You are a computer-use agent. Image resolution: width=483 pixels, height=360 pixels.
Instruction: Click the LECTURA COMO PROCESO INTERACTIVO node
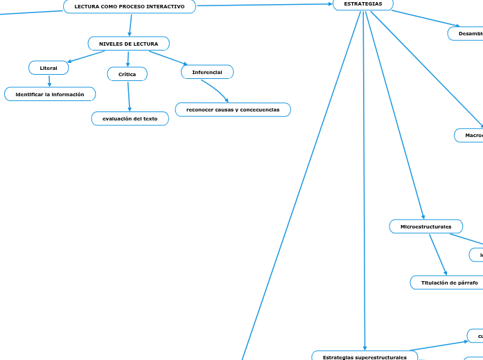[130, 6]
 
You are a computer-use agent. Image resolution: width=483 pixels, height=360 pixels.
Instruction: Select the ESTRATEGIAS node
[363, 4]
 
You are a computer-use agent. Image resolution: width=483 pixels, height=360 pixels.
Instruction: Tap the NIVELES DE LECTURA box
[129, 44]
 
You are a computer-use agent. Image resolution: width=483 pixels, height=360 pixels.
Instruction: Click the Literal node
[49, 68]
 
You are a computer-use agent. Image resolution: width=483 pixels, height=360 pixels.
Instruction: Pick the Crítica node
[128, 74]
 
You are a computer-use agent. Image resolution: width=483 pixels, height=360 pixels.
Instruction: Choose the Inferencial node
[207, 72]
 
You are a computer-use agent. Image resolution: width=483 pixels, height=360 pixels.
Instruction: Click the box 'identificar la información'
[50, 94]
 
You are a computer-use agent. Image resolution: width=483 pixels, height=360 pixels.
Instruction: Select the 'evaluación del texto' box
[130, 118]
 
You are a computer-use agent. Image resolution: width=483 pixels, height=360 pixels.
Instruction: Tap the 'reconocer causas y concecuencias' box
[233, 110]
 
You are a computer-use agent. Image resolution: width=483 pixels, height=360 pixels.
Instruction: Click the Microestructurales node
[426, 226]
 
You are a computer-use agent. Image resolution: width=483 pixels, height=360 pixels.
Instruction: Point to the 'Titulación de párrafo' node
[450, 282]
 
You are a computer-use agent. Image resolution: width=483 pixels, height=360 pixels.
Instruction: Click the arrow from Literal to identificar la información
[49, 80]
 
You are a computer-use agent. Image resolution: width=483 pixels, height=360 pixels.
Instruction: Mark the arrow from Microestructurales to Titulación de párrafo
[438, 254]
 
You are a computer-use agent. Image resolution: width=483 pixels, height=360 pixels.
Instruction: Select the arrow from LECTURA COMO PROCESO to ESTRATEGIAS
[263, 5]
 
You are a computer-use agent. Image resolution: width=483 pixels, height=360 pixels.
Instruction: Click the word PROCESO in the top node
[130, 6]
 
